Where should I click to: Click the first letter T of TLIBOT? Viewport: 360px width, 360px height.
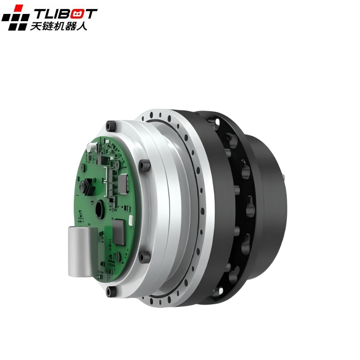40,13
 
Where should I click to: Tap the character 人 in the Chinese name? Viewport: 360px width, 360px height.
82,26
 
